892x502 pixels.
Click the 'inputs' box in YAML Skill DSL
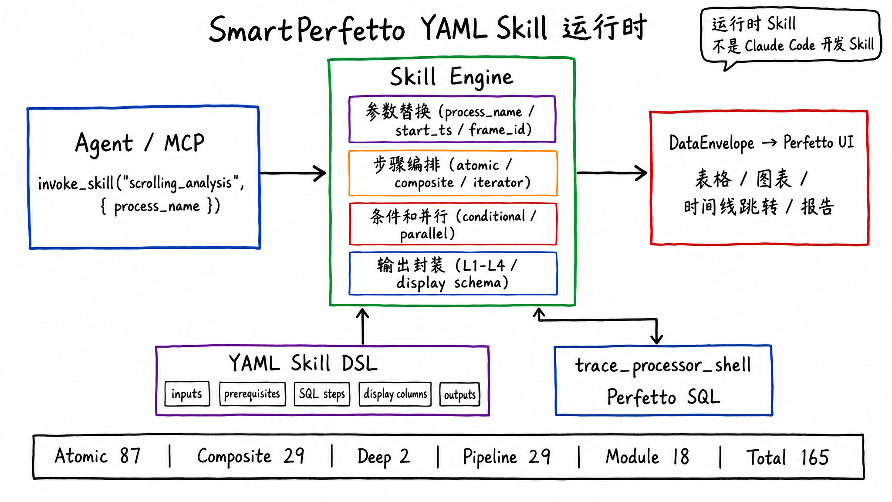(187, 394)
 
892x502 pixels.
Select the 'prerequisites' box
(252, 394)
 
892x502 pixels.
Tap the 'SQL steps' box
(322, 394)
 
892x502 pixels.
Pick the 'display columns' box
(395, 394)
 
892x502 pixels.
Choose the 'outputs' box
(460, 394)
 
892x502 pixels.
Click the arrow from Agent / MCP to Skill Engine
(293, 173)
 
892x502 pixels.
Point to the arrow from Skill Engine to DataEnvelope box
(612, 173)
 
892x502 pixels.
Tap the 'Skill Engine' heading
(452, 77)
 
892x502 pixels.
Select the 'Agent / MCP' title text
(139, 143)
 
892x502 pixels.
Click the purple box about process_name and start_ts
(452, 119)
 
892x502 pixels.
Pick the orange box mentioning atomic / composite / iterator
(453, 173)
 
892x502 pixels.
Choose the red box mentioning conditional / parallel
(453, 224)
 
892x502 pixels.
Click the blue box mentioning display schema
(453, 273)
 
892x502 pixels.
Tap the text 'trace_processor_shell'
(663, 365)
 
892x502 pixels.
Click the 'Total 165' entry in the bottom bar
(787, 457)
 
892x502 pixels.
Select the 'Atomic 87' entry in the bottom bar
(98, 456)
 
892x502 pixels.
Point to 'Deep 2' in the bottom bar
(383, 457)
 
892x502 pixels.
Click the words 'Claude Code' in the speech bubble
(780, 45)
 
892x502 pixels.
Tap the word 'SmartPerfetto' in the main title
(307, 30)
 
